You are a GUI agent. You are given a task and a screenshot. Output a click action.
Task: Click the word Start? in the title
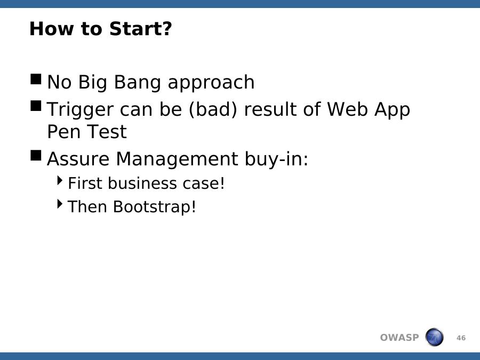140,29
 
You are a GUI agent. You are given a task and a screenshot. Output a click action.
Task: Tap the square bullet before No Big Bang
36,79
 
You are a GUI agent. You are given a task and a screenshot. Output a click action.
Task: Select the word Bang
137,83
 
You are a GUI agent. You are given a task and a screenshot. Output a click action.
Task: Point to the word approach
211,83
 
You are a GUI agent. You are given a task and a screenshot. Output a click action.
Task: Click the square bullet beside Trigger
36,106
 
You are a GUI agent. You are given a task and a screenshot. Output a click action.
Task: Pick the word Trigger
80,109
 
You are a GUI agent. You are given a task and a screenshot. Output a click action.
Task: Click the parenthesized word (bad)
213,109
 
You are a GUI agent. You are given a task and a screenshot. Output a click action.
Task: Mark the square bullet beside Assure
36,155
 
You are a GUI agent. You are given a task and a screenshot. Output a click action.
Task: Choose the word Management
177,159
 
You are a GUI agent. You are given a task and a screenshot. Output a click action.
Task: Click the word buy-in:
276,159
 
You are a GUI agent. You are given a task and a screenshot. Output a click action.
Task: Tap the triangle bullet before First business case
60,180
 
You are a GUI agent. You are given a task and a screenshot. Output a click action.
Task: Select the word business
142,183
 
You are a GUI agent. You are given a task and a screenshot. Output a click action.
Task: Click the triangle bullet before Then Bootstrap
60,204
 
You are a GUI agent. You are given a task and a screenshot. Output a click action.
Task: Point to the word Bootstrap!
154,206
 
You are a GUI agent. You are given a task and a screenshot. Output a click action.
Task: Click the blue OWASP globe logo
434,337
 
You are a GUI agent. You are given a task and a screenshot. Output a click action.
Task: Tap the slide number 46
461,338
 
